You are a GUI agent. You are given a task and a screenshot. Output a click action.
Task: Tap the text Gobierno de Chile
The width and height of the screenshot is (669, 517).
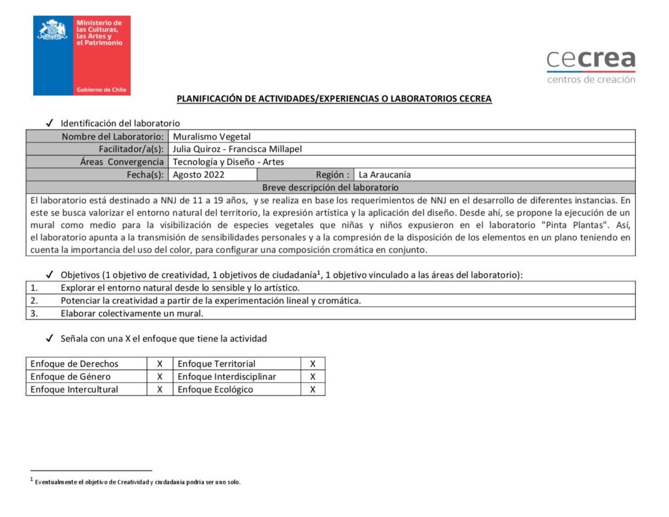pyautogui.click(x=101, y=90)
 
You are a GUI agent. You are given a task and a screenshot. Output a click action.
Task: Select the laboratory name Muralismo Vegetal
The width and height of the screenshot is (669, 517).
pyautogui.click(x=212, y=137)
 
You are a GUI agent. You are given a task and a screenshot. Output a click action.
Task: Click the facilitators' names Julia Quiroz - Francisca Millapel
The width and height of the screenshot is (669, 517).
pyautogui.click(x=237, y=149)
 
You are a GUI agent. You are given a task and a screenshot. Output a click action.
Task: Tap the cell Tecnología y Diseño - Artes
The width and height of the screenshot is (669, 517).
pyautogui.click(x=229, y=162)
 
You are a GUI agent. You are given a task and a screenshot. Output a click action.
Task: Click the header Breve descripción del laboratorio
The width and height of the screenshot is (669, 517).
pyautogui.click(x=330, y=187)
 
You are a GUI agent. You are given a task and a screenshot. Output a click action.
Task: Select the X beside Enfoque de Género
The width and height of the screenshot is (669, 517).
pyautogui.click(x=159, y=376)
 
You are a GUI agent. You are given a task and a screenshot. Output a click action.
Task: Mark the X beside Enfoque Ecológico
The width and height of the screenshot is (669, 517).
pyautogui.click(x=313, y=390)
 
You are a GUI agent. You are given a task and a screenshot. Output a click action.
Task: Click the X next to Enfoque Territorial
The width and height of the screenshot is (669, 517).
pyautogui.click(x=313, y=363)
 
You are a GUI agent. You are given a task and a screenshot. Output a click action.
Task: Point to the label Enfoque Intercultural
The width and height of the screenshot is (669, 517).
pyautogui.click(x=74, y=390)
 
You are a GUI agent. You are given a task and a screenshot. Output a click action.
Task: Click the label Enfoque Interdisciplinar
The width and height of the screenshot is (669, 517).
pyautogui.click(x=227, y=376)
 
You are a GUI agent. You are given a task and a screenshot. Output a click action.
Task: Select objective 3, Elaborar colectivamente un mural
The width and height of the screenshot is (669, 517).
pyautogui.click(x=132, y=313)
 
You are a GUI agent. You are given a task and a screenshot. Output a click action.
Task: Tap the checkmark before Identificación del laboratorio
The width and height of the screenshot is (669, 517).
pyautogui.click(x=50, y=123)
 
